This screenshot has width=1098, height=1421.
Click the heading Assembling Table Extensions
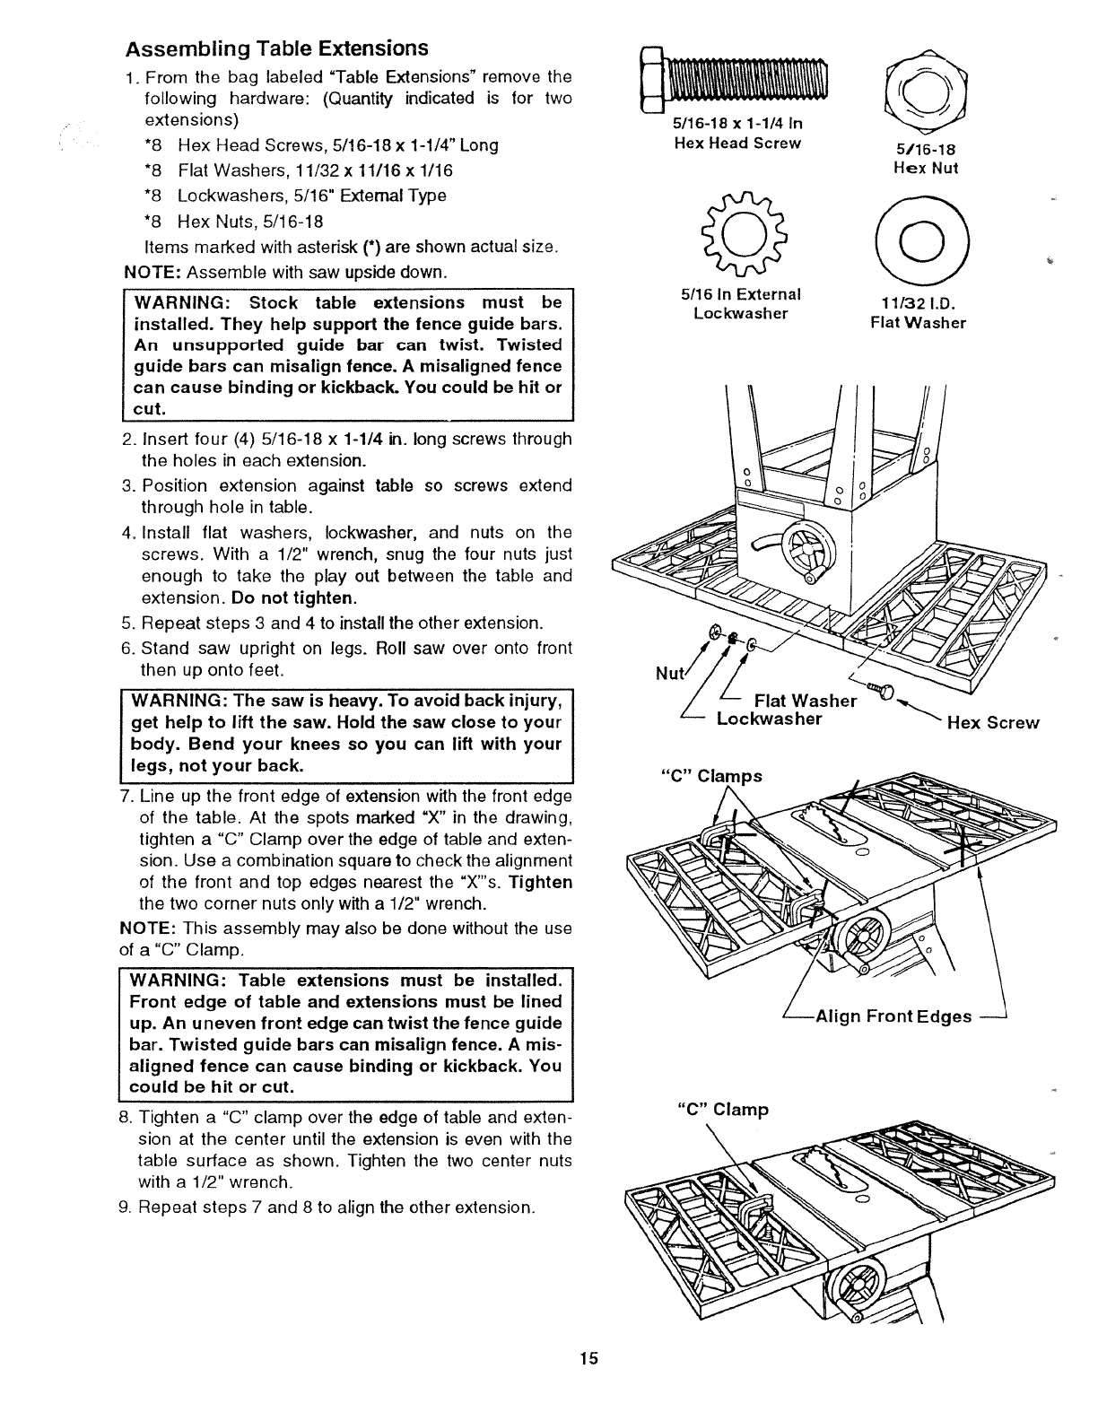[277, 48]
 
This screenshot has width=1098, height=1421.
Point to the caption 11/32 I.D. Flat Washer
[919, 313]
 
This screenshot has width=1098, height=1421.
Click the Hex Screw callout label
[994, 723]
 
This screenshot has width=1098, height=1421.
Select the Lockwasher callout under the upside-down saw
[768, 719]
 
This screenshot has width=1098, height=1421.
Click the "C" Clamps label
[711, 776]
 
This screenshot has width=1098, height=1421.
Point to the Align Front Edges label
[893, 1016]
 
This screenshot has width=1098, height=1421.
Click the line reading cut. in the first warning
[150, 409]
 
